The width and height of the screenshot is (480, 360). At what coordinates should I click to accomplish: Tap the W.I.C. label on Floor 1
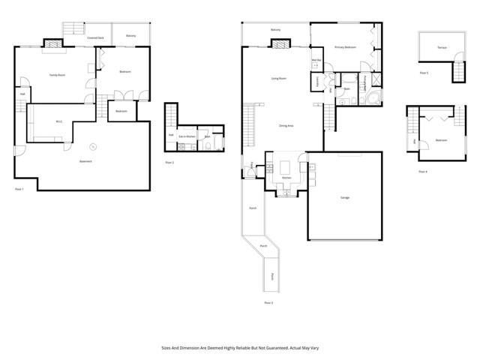click(x=58, y=122)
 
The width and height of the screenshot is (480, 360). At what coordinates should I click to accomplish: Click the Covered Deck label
click(x=95, y=36)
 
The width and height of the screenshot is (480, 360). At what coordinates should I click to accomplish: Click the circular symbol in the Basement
click(x=94, y=146)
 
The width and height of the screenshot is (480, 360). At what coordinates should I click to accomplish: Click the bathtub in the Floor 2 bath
click(x=217, y=141)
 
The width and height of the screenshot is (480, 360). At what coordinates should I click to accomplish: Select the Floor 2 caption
click(x=170, y=162)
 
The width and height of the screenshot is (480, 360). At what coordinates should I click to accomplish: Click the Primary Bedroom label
click(x=345, y=47)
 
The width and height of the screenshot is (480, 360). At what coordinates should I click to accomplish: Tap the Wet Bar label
click(x=316, y=60)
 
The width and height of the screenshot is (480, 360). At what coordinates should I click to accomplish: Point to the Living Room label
click(x=280, y=78)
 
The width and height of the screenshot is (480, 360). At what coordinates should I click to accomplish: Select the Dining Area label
click(x=286, y=125)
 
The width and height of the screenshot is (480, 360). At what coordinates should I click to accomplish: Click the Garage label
click(x=346, y=197)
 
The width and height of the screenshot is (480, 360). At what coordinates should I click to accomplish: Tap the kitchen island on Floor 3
click(x=286, y=164)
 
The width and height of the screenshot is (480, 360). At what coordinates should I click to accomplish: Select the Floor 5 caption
click(x=424, y=73)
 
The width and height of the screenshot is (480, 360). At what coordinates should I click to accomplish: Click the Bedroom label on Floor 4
click(x=442, y=140)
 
